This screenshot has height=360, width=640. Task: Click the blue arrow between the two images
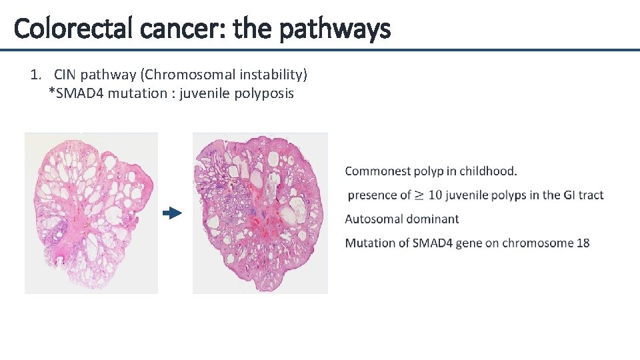coord(173,213)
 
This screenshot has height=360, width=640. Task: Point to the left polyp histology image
coord(91,213)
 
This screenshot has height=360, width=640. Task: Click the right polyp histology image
coord(260,213)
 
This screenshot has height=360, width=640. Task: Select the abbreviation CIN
coord(65,74)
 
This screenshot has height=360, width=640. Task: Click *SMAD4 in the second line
coord(76,93)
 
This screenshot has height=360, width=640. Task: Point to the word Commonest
coord(377,171)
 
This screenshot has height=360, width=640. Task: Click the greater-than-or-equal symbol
coord(419,195)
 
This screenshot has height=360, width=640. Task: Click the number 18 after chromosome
coord(583,243)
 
